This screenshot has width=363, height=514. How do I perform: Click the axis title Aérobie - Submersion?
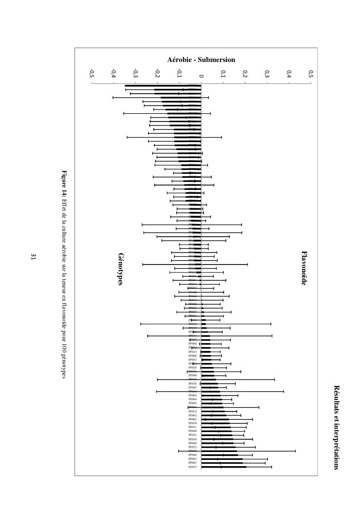pyautogui.click(x=201, y=60)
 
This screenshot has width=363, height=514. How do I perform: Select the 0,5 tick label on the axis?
pyautogui.click(x=311, y=74)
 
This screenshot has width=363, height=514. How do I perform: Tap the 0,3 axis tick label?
pyautogui.click(x=267, y=74)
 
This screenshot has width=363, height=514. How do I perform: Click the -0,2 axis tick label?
pyautogui.click(x=157, y=74)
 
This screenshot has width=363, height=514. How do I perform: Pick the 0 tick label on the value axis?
pyautogui.click(x=201, y=74)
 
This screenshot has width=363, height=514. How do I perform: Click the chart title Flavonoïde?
pyautogui.click(x=304, y=268)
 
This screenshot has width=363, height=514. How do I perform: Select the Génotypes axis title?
pyautogui.click(x=120, y=269)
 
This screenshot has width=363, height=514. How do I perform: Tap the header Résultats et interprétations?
pyautogui.click(x=336, y=427)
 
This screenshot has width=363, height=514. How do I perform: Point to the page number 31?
pyautogui.click(x=34, y=256)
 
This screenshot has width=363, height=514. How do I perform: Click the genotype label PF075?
pyautogui.click(x=193, y=467)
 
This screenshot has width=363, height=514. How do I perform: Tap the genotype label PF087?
pyautogui.click(x=193, y=463)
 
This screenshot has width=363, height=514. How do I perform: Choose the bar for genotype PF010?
pyautogui.click(x=217, y=439)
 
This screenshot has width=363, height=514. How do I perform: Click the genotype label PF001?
pyautogui.click(x=193, y=419)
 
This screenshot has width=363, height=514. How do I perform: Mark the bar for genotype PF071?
pyautogui.click(x=216, y=427)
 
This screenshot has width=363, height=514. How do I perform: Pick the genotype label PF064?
pyautogui.click(x=193, y=399)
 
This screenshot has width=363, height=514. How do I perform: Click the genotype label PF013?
pyautogui.click(x=193, y=351)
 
